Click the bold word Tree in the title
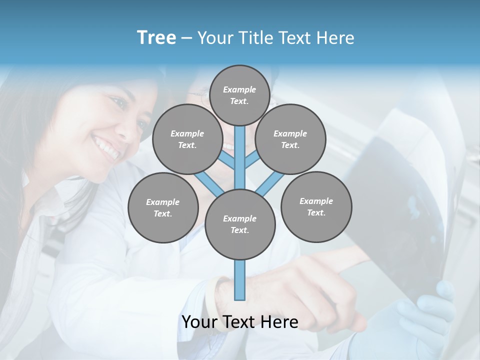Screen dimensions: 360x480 coord(156,38)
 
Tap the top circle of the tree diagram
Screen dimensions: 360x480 coord(239,95)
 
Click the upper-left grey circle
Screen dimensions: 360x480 coord(187,139)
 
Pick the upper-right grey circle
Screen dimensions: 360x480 coord(290,139)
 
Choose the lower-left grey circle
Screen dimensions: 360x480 coord(163,207)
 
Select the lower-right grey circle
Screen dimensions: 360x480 coord(316,206)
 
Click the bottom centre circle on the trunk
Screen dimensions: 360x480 coord(240,224)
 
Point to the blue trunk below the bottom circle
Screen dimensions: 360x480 coord(240,280)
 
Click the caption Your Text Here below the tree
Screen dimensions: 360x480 coord(240,322)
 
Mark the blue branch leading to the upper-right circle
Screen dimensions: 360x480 coord(252,161)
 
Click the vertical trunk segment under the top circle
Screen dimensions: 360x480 coord(240,150)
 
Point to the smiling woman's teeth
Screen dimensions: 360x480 coord(107,148)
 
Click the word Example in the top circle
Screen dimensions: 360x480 coord(239,90)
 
